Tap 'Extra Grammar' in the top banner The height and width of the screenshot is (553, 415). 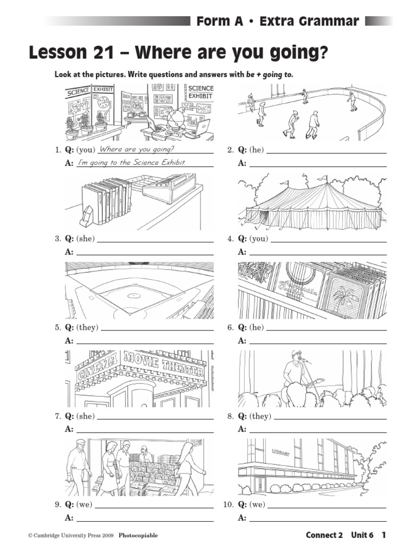[309, 22]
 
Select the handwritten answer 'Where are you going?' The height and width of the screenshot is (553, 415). [137, 150]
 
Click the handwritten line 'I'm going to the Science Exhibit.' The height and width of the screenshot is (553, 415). [132, 163]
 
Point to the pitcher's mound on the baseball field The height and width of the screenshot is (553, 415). [133, 295]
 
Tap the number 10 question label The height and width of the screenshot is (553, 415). [227, 505]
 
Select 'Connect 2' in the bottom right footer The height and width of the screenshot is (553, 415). [324, 535]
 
